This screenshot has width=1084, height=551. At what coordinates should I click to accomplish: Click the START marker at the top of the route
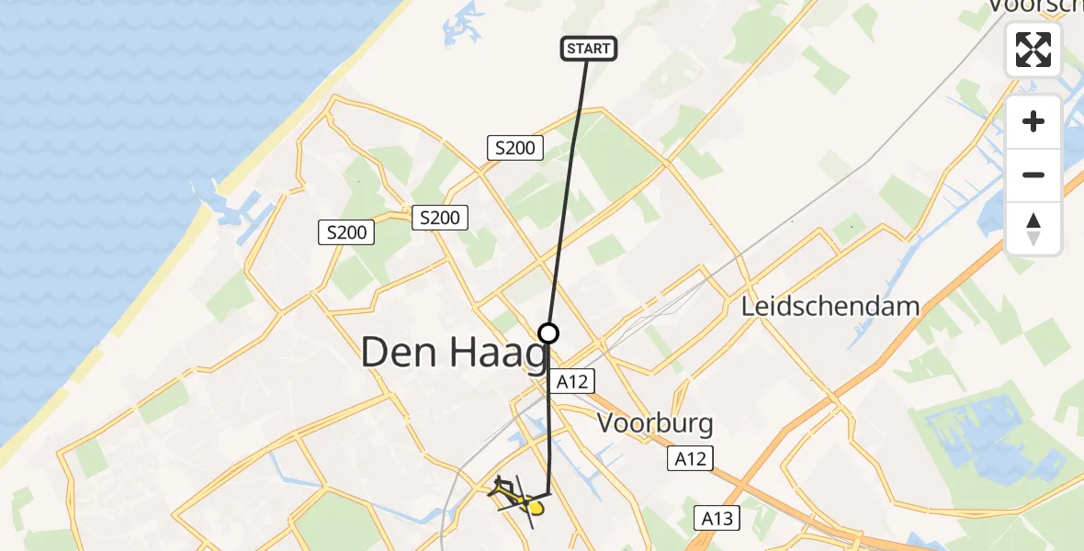(x=588, y=49)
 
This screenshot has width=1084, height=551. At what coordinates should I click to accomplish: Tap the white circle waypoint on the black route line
(x=548, y=332)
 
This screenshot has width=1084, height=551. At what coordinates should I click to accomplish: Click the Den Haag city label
(x=455, y=352)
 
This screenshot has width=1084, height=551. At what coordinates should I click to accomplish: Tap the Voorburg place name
(x=655, y=423)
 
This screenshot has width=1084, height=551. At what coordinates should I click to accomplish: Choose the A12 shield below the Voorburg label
(x=690, y=458)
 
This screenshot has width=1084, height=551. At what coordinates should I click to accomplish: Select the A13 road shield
(x=717, y=519)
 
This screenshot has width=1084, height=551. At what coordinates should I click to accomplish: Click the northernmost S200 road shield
(x=515, y=147)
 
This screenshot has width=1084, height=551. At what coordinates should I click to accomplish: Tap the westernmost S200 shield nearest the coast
(x=347, y=232)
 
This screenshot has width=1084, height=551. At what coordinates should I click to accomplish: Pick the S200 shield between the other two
(x=441, y=218)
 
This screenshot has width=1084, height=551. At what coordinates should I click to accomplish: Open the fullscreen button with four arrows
(x=1033, y=49)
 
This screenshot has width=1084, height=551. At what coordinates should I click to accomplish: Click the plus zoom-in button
(x=1033, y=121)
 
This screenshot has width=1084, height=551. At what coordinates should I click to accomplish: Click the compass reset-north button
(x=1033, y=229)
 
